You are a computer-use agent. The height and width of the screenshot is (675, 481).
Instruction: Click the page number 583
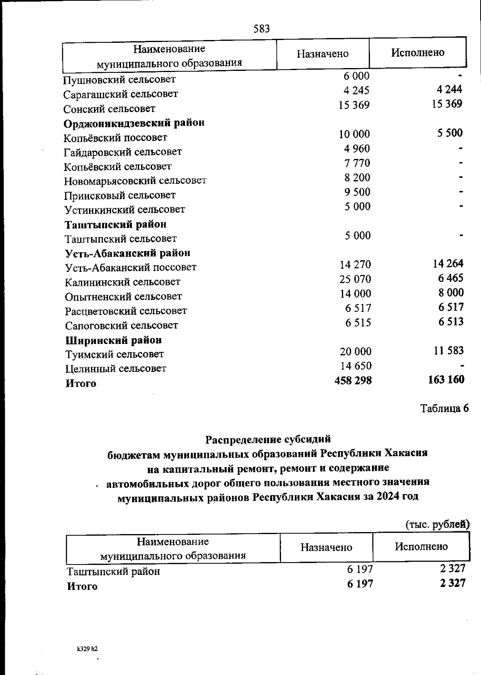262,29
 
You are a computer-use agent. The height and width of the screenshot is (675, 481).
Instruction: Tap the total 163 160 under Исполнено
446,379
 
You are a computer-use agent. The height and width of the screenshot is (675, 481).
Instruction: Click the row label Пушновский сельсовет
119,79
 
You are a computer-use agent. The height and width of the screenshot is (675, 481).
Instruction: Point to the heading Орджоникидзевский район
134,123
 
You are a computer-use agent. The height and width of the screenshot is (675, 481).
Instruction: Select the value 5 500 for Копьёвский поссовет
450,133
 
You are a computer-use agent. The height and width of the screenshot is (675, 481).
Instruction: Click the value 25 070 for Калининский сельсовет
355,279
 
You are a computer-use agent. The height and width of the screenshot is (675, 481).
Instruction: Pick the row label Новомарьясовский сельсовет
135,181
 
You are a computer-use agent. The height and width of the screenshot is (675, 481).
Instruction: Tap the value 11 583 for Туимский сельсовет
448,351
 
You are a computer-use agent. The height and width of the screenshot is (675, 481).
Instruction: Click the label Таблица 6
444,409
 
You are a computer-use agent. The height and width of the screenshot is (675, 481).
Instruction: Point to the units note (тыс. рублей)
437,524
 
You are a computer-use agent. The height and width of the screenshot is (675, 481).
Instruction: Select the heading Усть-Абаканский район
127,253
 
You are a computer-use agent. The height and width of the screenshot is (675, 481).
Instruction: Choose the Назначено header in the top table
323,54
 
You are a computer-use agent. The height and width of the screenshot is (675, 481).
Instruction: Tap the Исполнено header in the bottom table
421,546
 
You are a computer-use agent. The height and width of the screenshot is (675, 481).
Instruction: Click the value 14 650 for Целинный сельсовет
356,366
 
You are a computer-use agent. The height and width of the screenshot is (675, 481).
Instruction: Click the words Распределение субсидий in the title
268,440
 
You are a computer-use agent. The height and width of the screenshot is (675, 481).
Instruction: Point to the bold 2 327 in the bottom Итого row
452,583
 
